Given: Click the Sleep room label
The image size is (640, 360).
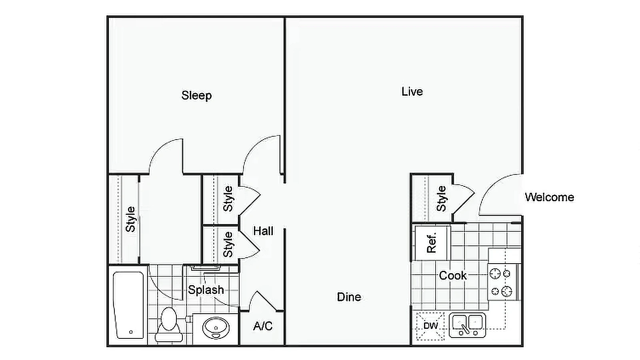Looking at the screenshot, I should (x=196, y=96).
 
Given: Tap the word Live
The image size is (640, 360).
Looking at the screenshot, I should (x=412, y=92).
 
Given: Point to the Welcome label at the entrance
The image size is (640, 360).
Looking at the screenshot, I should (x=549, y=197).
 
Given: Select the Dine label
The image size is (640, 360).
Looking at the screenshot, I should (x=349, y=297).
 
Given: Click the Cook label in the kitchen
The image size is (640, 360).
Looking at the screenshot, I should (x=453, y=276).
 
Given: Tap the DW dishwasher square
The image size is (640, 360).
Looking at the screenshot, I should (x=430, y=326).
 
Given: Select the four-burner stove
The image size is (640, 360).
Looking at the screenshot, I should (x=502, y=282).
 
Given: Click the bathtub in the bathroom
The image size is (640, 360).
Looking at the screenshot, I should (x=129, y=305).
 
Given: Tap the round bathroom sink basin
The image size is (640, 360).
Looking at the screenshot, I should (x=216, y=328).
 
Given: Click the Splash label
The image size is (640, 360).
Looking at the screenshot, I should (x=206, y=290).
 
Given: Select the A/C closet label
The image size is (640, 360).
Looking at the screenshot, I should (x=263, y=326).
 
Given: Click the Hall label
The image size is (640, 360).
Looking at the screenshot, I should (x=263, y=231).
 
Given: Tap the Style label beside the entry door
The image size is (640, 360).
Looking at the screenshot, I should (x=441, y=199).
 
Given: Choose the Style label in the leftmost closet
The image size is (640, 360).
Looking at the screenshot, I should (x=130, y=219).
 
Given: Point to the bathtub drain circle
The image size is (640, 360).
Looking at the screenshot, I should (x=131, y=332).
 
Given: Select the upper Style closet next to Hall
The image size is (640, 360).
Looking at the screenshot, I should (x=228, y=199).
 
